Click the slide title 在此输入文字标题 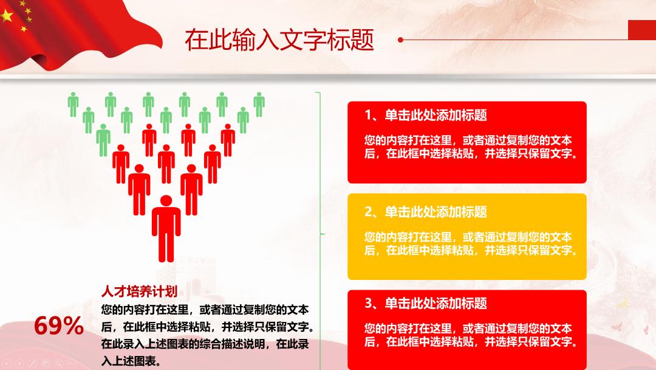coord(279,40)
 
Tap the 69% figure coord(58,326)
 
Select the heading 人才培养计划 coord(139,291)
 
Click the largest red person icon coord(166,228)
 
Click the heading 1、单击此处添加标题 coord(425,115)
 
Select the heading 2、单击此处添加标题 coord(425,212)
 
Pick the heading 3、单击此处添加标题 coord(425,303)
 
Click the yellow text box coord(467,236)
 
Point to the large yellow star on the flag coord(7,15)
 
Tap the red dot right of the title coord(400,40)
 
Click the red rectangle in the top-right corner coord(642,30)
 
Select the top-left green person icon coord(73,104)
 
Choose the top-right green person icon coord(259,104)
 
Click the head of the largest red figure coord(166,201)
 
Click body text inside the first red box coord(471,147)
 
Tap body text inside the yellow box coord(471,243)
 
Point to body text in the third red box coord(471,335)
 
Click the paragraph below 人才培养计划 coord(208,335)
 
